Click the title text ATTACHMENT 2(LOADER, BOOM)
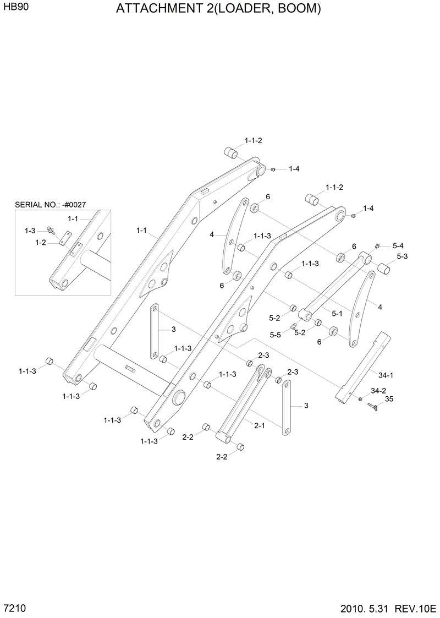coord(218,9)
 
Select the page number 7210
coord(15,608)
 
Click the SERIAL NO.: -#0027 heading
coord(50,205)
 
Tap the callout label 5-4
coord(398,245)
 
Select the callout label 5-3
coord(402,256)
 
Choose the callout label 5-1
coord(337,313)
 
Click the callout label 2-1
coord(260,425)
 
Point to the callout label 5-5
coord(275,335)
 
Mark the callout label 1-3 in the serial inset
coord(30,231)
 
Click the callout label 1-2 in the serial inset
coord(40,242)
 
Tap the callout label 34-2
coord(378,390)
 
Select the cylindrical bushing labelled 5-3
coord(383,269)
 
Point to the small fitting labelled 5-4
coord(378,245)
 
